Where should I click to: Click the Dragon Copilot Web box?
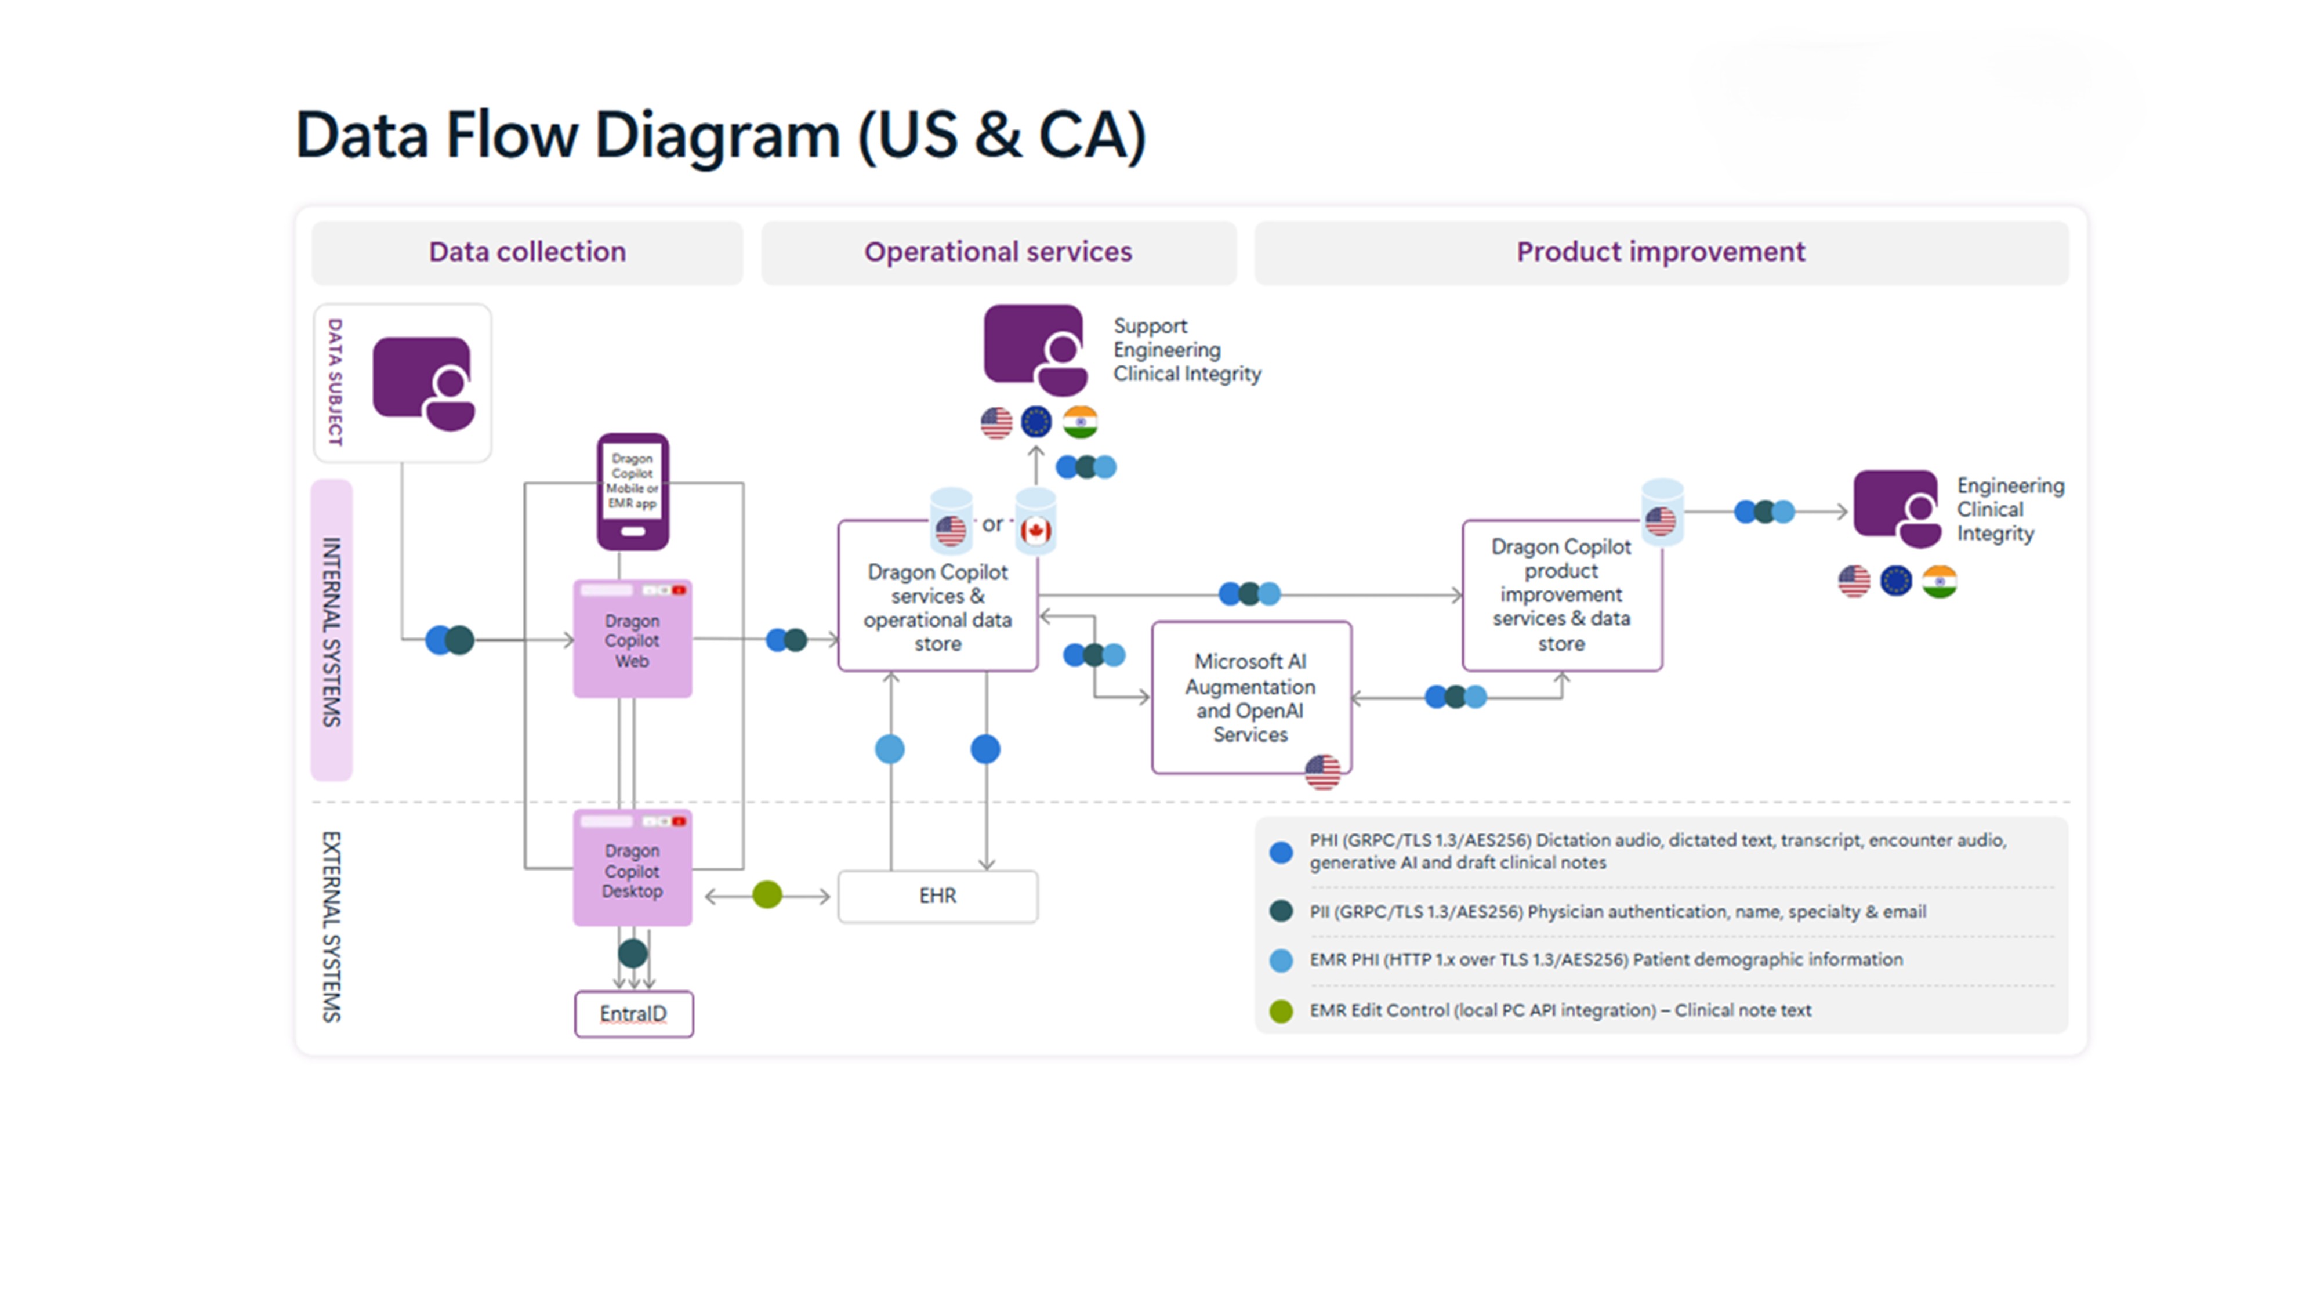click(632, 639)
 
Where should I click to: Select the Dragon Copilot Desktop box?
click(632, 869)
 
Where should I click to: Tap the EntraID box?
click(633, 1014)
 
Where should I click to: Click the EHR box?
click(937, 895)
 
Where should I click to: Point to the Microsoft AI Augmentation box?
click(1250, 697)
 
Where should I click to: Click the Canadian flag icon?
click(1036, 531)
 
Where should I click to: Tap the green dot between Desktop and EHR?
click(767, 894)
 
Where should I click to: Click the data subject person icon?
click(424, 383)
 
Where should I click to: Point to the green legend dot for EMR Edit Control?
click(1281, 1010)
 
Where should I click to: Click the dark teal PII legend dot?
click(1281, 911)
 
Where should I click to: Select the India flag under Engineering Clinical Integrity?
click(1939, 581)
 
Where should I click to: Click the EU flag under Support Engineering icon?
click(1036, 422)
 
